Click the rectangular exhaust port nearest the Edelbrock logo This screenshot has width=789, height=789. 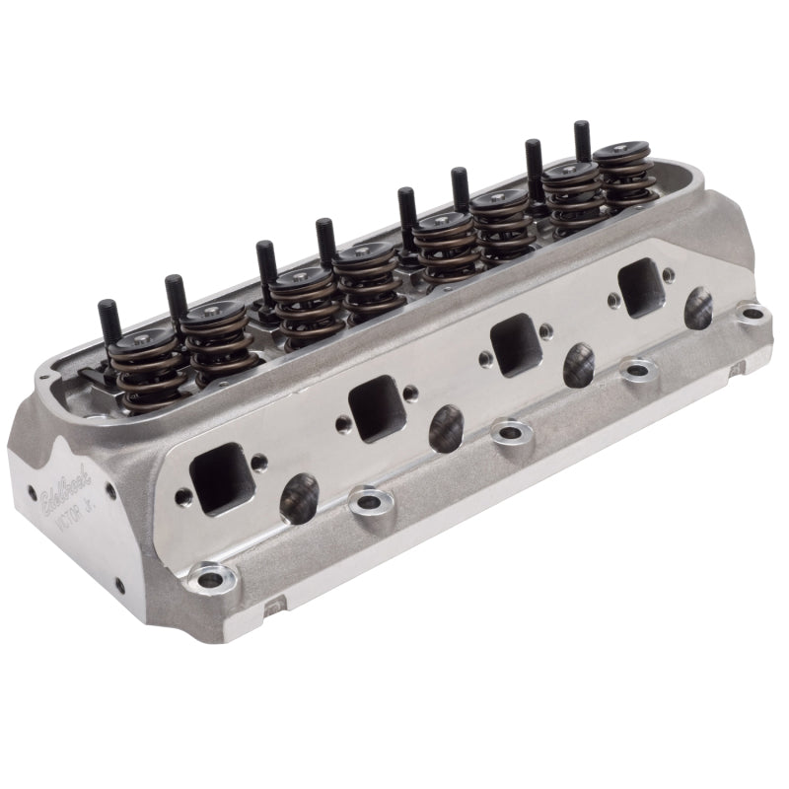click(221, 477)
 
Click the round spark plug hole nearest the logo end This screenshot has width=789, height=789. click(299, 498)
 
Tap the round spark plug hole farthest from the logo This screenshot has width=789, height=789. click(698, 309)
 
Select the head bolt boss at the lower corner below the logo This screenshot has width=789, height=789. click(210, 577)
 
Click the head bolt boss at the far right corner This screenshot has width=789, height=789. click(753, 315)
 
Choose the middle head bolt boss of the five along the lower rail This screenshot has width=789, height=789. click(511, 431)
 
